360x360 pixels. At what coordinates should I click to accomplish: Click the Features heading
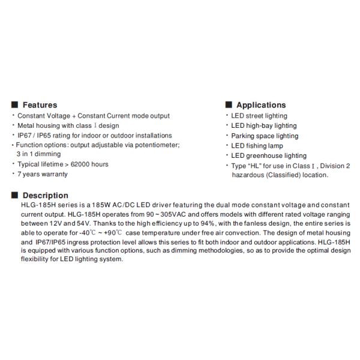tap(40, 105)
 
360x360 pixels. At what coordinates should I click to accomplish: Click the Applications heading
tap(261, 105)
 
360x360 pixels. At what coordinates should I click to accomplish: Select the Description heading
tap(46, 196)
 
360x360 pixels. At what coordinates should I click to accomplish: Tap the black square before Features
tap(15, 105)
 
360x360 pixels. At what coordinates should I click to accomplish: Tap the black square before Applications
tap(229, 105)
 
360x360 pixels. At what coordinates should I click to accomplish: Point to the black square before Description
tap(15, 196)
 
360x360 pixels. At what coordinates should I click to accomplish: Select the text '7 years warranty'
tap(43, 174)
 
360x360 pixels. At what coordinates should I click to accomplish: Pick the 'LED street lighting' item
tap(259, 116)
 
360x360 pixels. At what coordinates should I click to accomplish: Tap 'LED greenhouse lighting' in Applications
tap(269, 155)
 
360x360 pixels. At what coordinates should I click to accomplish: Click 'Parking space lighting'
tap(265, 136)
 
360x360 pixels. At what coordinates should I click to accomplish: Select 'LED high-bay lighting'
tap(264, 126)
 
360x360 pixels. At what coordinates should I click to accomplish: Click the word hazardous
tap(248, 175)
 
